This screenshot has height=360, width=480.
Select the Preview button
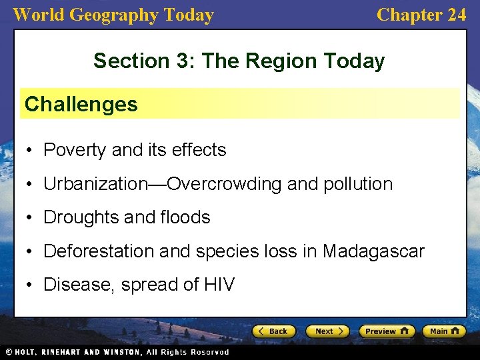(x=387, y=331)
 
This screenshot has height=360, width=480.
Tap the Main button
(x=444, y=331)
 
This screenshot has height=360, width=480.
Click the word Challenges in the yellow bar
(x=81, y=104)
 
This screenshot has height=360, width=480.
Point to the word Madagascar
(x=373, y=251)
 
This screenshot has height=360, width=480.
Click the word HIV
(x=219, y=285)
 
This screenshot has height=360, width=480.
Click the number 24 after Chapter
(x=456, y=15)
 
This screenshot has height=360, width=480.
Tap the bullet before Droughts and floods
(x=31, y=218)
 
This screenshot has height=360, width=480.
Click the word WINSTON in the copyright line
(x=121, y=352)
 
